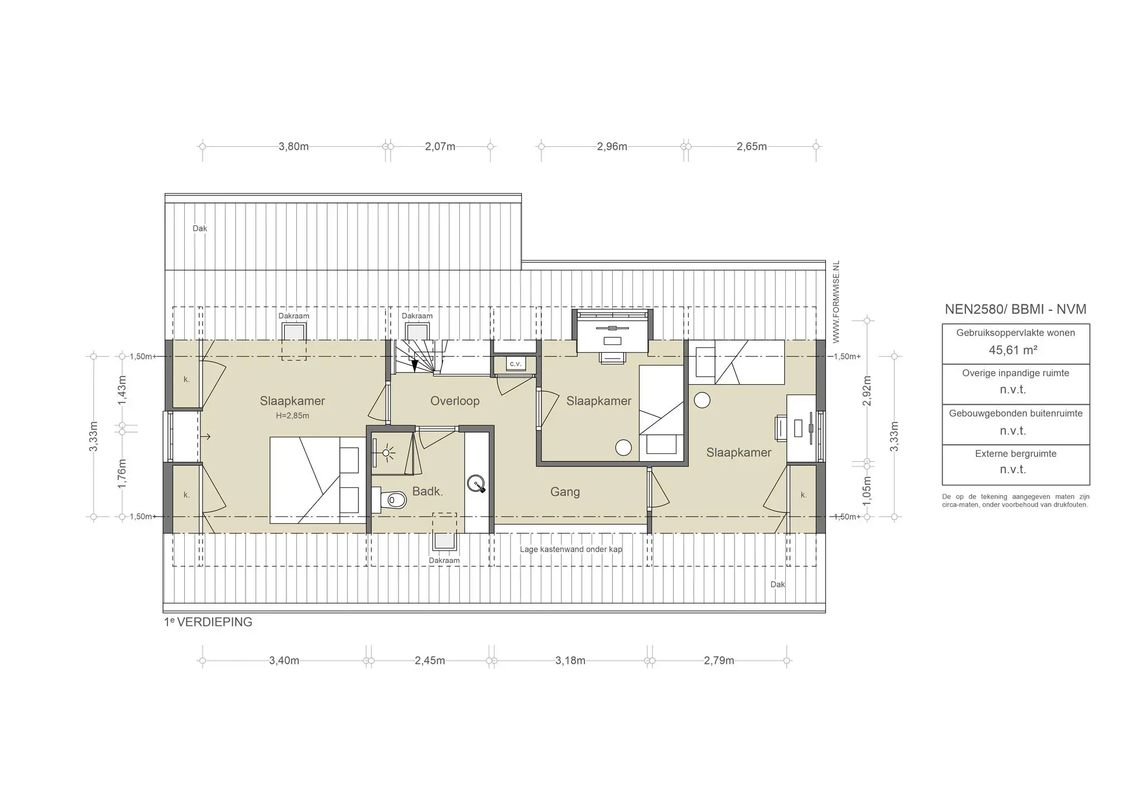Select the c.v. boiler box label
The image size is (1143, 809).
tap(515, 364)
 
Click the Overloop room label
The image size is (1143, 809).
tap(455, 401)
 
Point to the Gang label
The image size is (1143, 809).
tap(565, 492)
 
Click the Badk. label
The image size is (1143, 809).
tap(428, 491)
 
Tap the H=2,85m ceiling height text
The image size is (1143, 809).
tap(292, 416)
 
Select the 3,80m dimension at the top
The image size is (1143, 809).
tap(294, 147)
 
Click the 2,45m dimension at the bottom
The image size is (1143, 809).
tap(430, 661)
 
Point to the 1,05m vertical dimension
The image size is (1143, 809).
tap(867, 491)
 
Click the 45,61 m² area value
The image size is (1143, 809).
tap(1013, 350)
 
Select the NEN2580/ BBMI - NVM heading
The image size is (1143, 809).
tap(1015, 309)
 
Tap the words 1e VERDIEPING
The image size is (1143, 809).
tap(208, 622)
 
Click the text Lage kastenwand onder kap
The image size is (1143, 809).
tap(571, 549)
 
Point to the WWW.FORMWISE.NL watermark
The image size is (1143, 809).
tap(835, 301)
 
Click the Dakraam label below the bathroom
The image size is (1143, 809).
tap(444, 561)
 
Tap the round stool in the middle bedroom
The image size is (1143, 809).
tap(623, 447)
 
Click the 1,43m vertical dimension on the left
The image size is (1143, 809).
tap(122, 390)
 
